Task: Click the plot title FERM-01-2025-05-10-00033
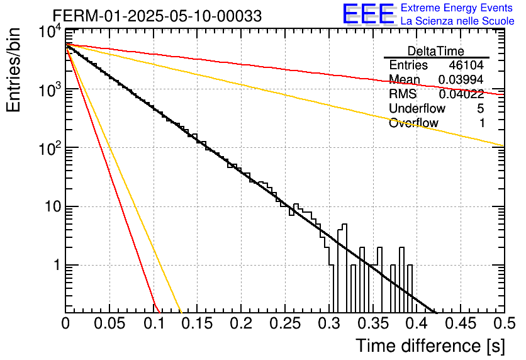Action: (x=157, y=16)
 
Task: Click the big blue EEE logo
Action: (x=369, y=13)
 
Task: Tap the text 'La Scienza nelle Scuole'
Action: (x=457, y=21)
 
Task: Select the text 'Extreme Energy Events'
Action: (x=457, y=8)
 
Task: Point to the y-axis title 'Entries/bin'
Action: (x=13, y=70)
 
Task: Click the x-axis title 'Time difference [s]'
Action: (x=430, y=346)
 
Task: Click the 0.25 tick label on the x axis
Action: (x=285, y=323)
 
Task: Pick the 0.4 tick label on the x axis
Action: (x=417, y=323)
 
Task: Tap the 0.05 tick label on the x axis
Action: (x=109, y=323)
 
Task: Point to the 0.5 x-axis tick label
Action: (x=504, y=323)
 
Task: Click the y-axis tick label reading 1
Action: (x=57, y=265)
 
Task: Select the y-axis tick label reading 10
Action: (x=53, y=206)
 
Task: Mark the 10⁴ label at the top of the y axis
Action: (x=50, y=33)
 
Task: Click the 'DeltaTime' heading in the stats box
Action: (x=436, y=51)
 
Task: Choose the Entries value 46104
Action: (x=466, y=65)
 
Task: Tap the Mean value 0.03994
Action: (x=461, y=79)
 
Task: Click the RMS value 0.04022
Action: (x=461, y=94)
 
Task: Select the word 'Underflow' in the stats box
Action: (x=417, y=108)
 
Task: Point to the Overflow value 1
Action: (x=481, y=123)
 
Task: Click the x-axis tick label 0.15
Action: (x=197, y=323)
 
